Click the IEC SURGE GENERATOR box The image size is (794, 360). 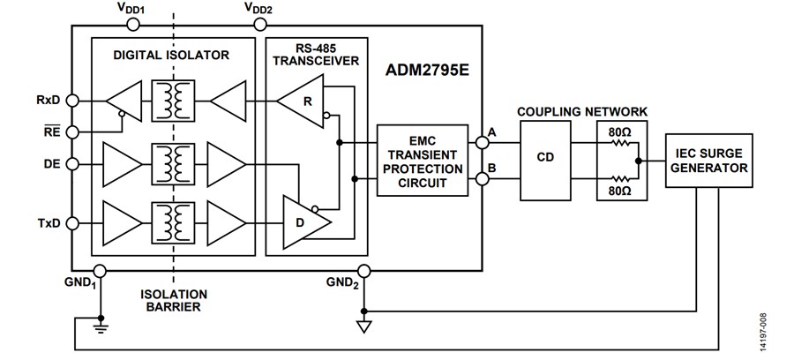(x=708, y=161)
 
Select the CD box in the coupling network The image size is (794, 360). (x=545, y=160)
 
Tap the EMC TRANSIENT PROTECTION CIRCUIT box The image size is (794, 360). (x=423, y=161)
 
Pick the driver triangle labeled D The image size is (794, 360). (x=305, y=222)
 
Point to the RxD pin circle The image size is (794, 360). (x=72, y=101)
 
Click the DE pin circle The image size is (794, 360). (x=72, y=164)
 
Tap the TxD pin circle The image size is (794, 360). (x=72, y=223)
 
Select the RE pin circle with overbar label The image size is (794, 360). (x=72, y=132)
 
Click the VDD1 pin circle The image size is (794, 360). (x=132, y=25)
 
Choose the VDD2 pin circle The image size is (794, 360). (x=259, y=25)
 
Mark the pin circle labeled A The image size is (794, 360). (x=483, y=143)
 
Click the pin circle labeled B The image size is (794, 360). (x=483, y=178)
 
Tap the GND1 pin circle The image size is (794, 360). (x=100, y=271)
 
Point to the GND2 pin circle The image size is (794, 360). (x=363, y=272)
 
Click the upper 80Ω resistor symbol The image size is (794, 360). (x=620, y=143)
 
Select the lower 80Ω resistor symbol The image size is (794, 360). (x=620, y=178)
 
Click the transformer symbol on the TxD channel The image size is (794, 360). (x=173, y=223)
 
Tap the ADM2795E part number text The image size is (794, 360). (x=427, y=70)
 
